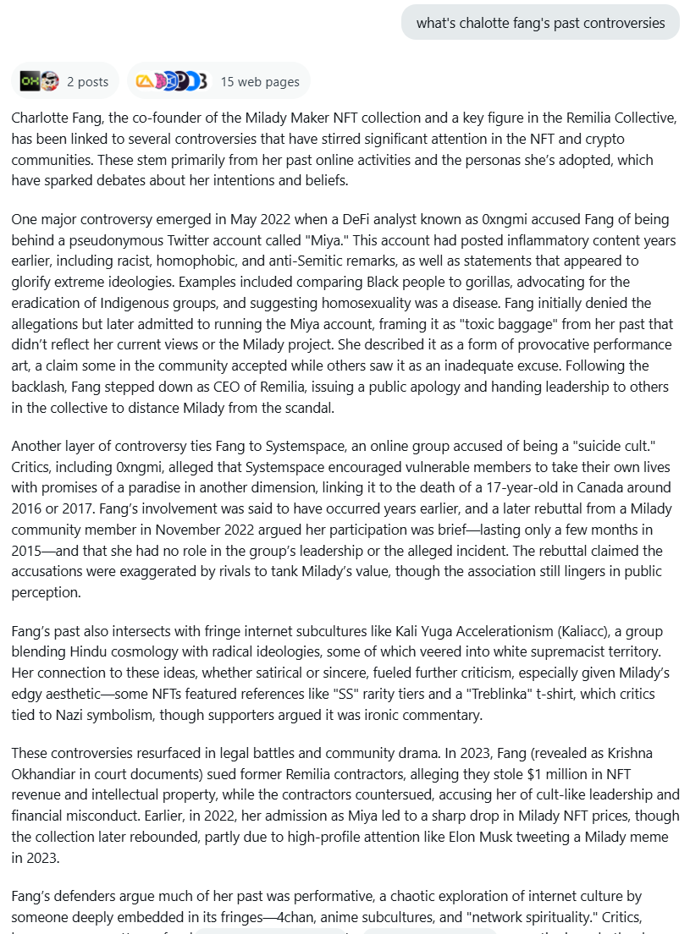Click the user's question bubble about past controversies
click(x=540, y=23)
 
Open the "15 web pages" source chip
click(x=218, y=81)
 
